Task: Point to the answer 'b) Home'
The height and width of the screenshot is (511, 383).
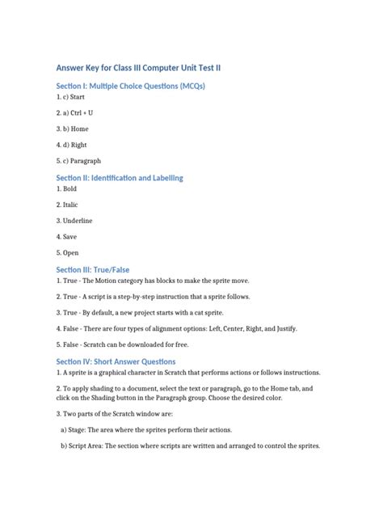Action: point(80,129)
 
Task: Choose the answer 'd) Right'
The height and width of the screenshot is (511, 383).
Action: point(80,145)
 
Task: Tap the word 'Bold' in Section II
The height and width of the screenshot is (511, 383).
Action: point(70,189)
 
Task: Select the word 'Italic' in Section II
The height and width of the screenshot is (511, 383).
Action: point(71,205)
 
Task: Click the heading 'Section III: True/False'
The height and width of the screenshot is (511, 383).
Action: point(93,269)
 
